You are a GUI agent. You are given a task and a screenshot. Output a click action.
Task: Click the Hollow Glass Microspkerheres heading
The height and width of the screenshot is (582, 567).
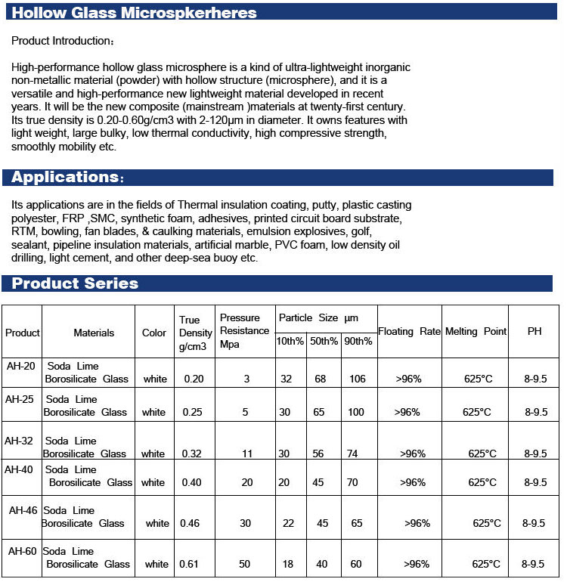135,13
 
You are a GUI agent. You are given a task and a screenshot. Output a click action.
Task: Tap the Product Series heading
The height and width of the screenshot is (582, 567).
75,283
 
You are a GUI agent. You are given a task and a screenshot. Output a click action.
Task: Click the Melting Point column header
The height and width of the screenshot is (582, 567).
476,332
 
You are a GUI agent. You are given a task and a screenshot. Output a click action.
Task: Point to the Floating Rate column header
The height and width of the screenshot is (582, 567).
409,332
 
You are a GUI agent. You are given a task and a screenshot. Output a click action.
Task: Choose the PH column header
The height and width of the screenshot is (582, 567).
534,332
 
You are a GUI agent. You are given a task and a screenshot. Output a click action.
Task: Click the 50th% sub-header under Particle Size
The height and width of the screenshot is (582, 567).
324,341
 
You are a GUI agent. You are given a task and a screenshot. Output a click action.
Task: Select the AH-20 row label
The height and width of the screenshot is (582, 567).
20,365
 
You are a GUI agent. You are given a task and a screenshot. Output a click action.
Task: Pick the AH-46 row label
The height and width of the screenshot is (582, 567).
23,510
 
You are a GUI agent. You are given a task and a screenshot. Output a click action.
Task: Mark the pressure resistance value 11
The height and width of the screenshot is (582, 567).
247,454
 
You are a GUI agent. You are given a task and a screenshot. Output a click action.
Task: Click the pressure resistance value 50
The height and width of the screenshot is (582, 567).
245,564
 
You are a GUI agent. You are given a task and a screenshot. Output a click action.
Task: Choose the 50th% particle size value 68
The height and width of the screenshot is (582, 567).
321,379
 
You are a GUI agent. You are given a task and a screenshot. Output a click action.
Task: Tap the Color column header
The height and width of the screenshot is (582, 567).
154,333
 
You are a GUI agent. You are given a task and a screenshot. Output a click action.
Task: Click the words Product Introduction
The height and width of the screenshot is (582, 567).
63,40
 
